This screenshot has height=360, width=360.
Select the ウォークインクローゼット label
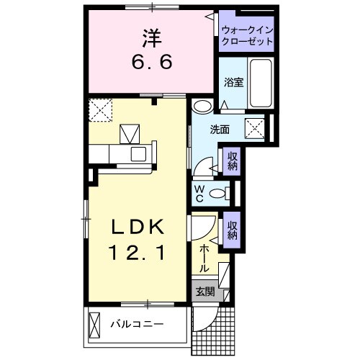point(248,36)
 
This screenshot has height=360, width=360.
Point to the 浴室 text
point(233,82)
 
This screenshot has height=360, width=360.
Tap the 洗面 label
point(220,130)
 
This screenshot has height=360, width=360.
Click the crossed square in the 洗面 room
point(256,129)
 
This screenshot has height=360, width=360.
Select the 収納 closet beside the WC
point(233,162)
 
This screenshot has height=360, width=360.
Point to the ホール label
point(204,258)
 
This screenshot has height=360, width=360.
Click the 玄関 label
point(204,292)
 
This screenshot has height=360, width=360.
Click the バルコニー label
point(137,324)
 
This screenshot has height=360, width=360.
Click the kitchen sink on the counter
point(136,154)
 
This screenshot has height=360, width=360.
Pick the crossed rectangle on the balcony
point(94,323)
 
